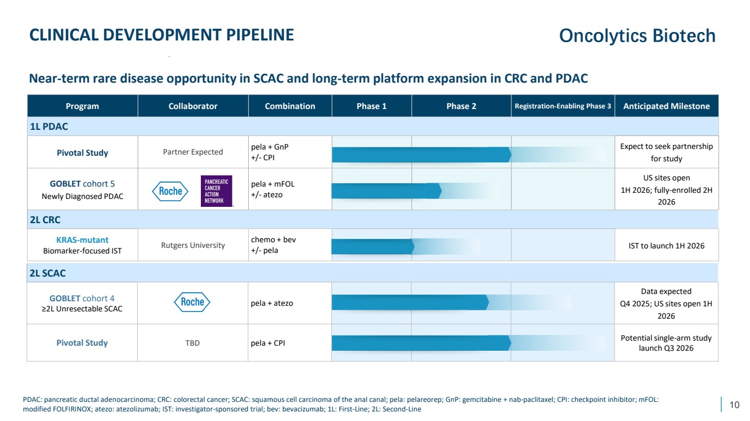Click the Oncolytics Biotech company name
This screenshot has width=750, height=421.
(x=637, y=36)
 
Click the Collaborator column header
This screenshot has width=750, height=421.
(x=192, y=106)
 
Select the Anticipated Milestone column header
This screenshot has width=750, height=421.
(x=666, y=106)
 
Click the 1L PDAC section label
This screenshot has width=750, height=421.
(x=48, y=126)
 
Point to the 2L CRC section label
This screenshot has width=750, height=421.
(x=46, y=220)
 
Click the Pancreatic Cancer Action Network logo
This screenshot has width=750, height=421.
(x=217, y=191)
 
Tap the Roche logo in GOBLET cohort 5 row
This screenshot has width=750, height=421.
(x=170, y=191)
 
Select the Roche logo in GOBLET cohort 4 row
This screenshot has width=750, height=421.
(x=192, y=302)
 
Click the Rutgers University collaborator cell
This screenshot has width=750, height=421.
(x=192, y=245)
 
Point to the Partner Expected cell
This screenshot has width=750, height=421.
(x=192, y=152)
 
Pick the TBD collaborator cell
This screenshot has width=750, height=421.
(x=192, y=343)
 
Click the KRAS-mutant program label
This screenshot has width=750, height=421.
(x=82, y=240)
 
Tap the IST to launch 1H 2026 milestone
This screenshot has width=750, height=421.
(x=666, y=246)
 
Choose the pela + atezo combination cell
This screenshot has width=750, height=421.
(x=272, y=303)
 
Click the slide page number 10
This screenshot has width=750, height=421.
(x=734, y=405)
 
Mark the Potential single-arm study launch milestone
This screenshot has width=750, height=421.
(x=666, y=343)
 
